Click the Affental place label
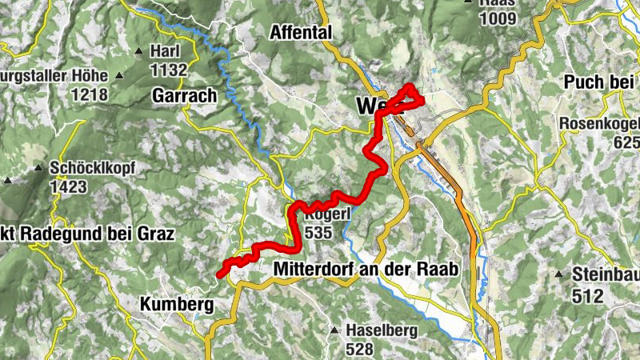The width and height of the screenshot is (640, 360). pos(301,33)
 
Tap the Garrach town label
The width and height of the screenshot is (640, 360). pos(184,96)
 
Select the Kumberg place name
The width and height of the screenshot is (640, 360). pos(177,305)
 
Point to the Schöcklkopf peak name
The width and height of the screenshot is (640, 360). pos(92,169)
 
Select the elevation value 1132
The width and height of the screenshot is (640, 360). pos(168,70)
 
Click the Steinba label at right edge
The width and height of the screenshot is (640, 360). pos(606,274)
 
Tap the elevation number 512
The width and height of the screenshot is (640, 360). pos(587,295)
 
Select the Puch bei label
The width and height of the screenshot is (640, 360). pos(598,82)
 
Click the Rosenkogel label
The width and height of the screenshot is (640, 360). pos(599,124)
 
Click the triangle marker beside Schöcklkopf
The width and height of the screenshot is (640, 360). pos(38,169)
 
